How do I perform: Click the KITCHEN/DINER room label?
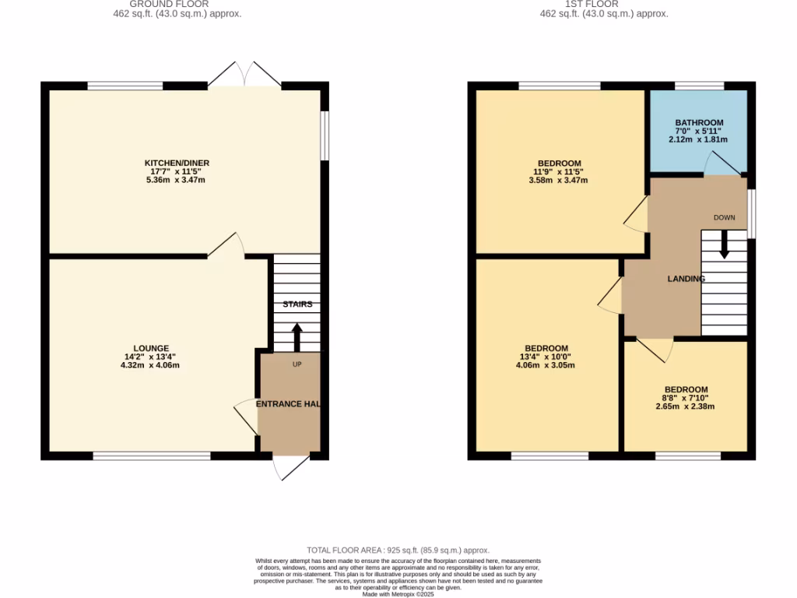(177, 163)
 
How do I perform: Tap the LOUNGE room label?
(151, 348)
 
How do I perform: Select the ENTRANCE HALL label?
(289, 404)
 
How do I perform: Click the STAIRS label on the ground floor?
(297, 304)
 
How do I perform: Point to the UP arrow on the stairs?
(297, 337)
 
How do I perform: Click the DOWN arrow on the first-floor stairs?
(724, 245)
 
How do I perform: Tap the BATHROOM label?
(699, 122)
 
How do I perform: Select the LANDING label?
(686, 279)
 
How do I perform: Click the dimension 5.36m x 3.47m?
(177, 180)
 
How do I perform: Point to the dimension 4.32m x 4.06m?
(151, 365)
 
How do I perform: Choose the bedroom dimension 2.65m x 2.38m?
(685, 406)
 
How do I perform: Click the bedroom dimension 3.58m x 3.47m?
(557, 180)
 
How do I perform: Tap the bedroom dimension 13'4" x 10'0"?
(546, 357)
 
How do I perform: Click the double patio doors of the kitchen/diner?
(245, 75)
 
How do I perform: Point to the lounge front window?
(152, 456)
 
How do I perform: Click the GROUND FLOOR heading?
(169, 4)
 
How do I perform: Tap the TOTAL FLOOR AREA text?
(398, 551)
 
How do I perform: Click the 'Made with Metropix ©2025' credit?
(398, 594)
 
